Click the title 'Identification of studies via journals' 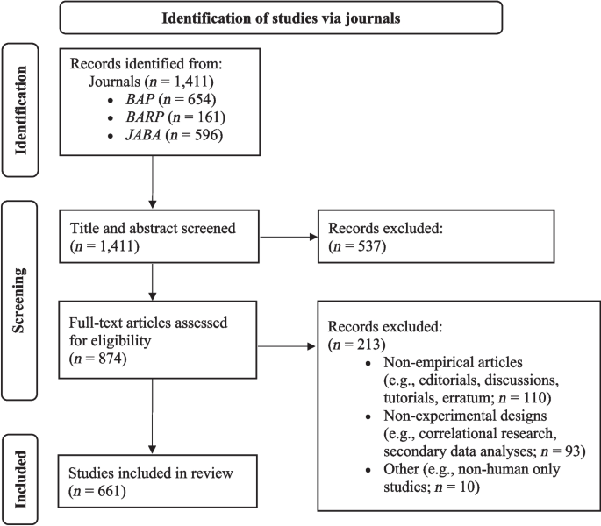[281, 18]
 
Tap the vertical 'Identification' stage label [20, 110]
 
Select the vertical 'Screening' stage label [18, 301]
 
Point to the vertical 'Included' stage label [20, 480]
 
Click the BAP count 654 [199, 99]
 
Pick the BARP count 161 [209, 117]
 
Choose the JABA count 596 [206, 135]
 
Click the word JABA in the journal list [143, 135]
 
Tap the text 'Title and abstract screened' [153, 228]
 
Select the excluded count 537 [370, 246]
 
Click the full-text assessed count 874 [111, 359]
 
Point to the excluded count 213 [368, 345]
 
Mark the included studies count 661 [110, 491]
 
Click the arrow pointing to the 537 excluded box [289, 237]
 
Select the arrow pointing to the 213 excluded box [286, 346]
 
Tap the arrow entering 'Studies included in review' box [152, 416]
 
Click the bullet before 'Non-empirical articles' [368, 363]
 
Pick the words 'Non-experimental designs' [465, 416]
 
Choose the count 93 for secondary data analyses [573, 451]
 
